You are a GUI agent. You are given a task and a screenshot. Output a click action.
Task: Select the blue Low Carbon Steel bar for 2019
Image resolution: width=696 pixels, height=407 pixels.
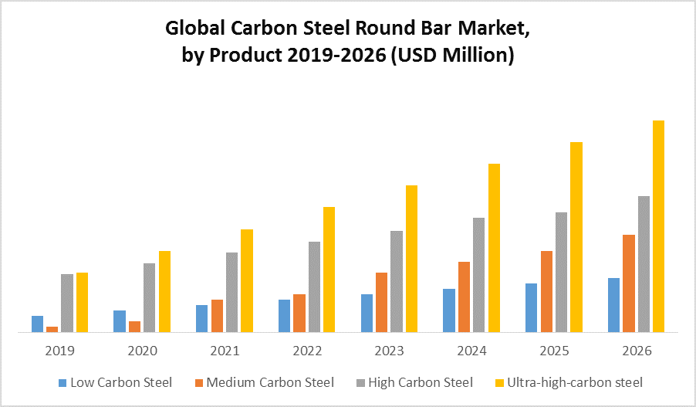(37, 324)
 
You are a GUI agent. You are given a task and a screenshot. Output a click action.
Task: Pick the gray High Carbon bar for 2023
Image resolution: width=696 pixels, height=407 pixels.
(397, 281)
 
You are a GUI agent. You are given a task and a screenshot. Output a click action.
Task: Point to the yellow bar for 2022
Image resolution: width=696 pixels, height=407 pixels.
(329, 270)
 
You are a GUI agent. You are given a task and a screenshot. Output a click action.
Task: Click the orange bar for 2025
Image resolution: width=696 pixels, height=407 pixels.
(546, 291)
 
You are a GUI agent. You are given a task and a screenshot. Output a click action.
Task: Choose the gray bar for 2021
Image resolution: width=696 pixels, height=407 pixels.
(231, 292)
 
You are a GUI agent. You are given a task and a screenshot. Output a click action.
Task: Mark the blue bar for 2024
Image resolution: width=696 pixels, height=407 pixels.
(449, 310)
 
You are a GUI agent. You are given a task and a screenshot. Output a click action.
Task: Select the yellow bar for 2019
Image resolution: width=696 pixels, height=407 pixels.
(82, 302)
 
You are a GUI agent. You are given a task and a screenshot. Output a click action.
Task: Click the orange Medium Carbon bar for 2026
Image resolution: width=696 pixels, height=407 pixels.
(629, 283)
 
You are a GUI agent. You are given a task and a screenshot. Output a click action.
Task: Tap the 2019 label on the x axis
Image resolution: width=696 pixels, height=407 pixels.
(59, 351)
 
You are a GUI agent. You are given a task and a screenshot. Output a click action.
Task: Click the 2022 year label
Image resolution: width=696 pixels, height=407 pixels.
(307, 351)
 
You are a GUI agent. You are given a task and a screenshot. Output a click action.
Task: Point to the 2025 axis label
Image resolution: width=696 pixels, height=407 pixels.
(554, 351)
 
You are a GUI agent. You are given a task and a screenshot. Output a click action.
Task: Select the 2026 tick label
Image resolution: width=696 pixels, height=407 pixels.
(637, 351)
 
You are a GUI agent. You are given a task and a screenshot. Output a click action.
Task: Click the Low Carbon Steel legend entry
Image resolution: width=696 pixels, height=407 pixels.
(120, 382)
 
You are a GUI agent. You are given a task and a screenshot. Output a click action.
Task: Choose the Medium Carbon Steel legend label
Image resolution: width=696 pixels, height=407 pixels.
(270, 382)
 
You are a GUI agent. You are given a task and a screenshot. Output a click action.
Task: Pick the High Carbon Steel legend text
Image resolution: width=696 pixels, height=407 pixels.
(421, 382)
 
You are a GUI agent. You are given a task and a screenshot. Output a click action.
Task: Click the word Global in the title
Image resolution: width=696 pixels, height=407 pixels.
(195, 29)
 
